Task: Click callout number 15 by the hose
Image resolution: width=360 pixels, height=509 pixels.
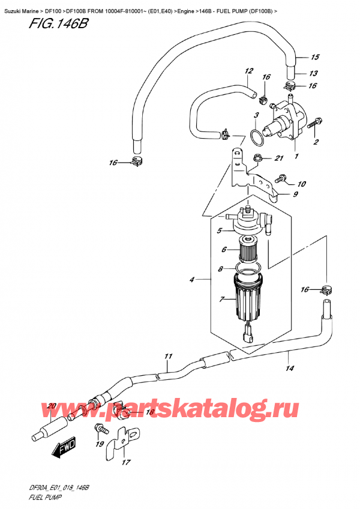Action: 314,58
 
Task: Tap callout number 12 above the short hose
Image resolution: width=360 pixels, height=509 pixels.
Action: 247,71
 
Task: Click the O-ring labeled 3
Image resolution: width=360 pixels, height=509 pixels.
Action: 256,136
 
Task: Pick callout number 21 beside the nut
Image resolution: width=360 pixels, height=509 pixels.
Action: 278,158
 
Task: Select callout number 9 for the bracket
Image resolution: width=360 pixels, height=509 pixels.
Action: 295,194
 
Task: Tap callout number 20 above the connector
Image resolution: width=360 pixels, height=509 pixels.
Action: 51,406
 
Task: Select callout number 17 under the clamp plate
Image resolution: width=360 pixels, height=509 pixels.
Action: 125,462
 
